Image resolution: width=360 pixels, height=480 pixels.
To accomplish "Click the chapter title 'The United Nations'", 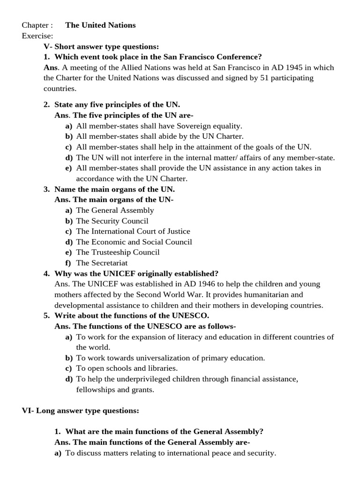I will (100, 25).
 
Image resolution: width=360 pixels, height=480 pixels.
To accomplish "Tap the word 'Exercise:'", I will (37, 36).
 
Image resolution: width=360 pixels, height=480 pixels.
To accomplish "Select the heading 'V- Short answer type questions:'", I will (101, 46).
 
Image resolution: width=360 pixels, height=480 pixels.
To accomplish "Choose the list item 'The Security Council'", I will (112, 221).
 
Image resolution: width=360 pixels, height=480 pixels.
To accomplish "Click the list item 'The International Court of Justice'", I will (133, 231).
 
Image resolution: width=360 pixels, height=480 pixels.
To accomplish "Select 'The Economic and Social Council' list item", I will (134, 242).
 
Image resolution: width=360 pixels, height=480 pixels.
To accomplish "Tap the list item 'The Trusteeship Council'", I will (118, 252).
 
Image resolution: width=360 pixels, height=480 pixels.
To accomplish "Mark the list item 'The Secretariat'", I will (102, 263).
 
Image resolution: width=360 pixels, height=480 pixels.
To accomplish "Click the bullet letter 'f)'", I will (68, 263).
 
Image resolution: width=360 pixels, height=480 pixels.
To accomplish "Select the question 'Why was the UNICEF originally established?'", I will (136, 273).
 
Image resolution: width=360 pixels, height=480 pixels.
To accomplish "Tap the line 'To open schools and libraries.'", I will (127, 368).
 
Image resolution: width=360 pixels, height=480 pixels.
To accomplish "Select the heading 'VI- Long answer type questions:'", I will (81, 411).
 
